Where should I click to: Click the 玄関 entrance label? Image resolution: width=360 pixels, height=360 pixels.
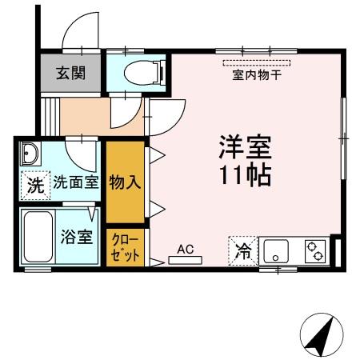[71, 73]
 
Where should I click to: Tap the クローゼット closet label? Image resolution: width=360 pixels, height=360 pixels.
[124, 247]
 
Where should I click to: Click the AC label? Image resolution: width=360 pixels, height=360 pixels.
[186, 248]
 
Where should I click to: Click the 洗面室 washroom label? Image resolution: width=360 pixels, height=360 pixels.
[75, 182]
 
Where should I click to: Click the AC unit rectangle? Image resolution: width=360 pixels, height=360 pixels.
[186, 259]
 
